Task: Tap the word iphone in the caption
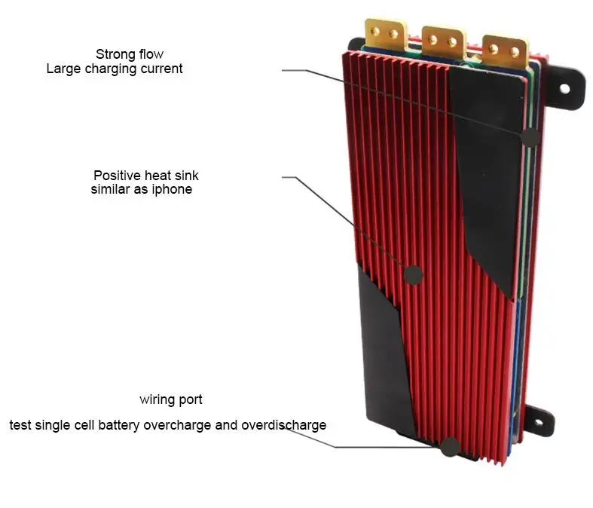tap(173, 189)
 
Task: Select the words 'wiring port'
tap(170, 399)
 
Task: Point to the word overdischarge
tap(284, 424)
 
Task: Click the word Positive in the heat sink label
tap(116, 175)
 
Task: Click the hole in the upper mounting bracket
tap(564, 88)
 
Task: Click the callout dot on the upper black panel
tap(530, 137)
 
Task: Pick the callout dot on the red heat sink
tap(413, 274)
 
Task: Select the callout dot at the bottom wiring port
tap(450, 446)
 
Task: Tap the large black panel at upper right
tap(490, 166)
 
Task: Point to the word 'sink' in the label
tap(185, 175)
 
